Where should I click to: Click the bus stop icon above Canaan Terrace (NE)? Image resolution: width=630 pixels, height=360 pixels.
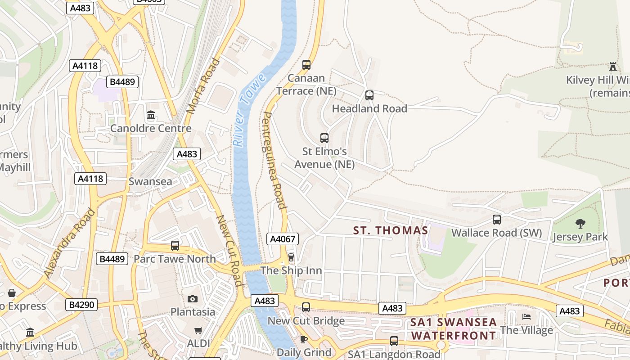tap(306, 65)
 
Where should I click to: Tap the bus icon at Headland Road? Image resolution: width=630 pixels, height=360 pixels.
tap(369, 95)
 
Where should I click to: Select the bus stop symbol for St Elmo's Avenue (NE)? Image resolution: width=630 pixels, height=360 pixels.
tap(324, 138)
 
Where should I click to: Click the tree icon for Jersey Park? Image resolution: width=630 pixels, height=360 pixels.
tap(580, 223)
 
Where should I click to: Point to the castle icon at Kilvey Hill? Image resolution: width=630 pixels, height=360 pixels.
tap(612, 67)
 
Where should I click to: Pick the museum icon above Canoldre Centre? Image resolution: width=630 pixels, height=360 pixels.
tap(151, 115)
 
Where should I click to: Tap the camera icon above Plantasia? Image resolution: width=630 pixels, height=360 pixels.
tap(193, 299)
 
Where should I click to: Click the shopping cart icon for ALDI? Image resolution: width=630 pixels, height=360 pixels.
tap(198, 330)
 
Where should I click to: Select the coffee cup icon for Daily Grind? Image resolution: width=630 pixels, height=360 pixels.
tap(304, 339)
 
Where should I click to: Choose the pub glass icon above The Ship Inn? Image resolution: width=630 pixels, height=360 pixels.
tap(291, 257)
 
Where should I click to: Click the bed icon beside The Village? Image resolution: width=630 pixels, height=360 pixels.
tap(526, 317)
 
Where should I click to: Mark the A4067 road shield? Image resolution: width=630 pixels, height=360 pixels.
tap(282, 239)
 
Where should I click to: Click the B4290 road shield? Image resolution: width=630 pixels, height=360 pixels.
tap(81, 305)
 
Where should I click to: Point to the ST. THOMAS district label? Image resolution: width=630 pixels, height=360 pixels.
tap(390, 231)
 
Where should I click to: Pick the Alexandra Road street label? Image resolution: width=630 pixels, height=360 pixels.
tap(70, 243)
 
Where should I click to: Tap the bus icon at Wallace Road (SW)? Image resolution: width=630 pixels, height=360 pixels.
tap(497, 220)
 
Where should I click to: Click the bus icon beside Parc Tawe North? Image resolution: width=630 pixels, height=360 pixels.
tap(175, 246)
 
